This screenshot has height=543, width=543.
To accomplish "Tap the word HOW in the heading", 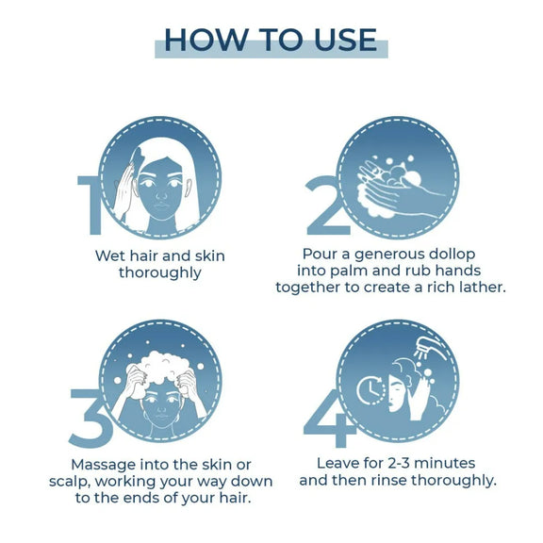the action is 206,41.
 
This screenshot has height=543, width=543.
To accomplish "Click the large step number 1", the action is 90,205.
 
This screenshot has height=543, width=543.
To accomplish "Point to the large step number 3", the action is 90,418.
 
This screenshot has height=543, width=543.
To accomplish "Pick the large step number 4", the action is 330,418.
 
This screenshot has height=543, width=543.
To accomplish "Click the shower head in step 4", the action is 430,348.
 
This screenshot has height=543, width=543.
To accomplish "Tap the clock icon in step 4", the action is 370,390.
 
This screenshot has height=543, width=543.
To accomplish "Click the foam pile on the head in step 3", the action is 162,368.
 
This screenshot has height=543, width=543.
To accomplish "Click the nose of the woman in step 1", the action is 162,195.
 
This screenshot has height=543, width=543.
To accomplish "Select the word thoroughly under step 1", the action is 160,272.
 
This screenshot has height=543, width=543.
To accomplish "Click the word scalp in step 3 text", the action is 70,482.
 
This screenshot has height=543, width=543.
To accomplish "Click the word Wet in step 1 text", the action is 110,256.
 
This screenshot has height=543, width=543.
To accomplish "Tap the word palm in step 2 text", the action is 349,271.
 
